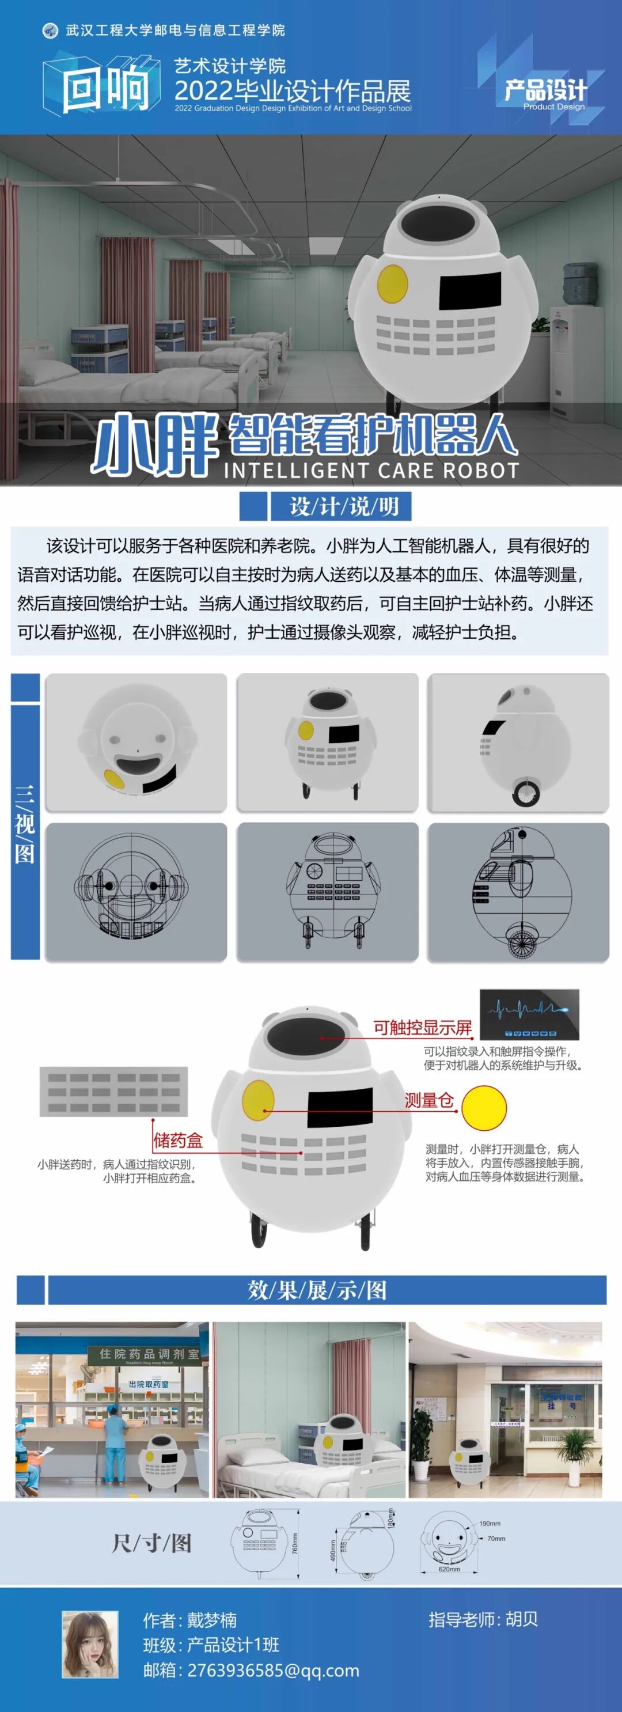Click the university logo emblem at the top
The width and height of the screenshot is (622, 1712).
pos(50,31)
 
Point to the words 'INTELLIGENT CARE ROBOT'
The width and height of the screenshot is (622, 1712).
pos(371,471)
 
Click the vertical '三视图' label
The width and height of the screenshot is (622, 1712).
pos(25,824)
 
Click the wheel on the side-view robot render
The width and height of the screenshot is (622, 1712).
pos(526,793)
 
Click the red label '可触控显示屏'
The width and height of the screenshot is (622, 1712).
pos(422,1028)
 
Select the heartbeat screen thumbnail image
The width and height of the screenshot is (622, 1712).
pos(530,1015)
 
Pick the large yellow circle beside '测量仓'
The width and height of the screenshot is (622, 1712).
pos(484,1108)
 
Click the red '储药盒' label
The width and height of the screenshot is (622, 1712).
pos(177,1141)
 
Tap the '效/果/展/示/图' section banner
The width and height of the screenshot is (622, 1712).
pos(317,1290)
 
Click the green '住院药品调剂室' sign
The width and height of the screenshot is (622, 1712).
pos(148,1354)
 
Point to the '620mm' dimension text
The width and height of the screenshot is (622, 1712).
pos(449,1569)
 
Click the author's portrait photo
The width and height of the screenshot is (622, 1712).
pos(90,1644)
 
